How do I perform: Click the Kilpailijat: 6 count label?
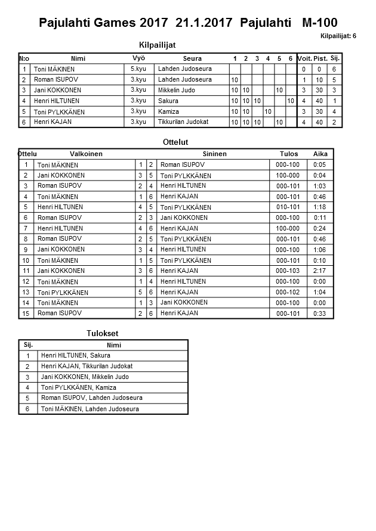pyautogui.click(x=338, y=36)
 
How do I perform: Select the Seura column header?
pyautogui.click(x=192, y=58)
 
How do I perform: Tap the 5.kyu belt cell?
pyautogui.click(x=138, y=69)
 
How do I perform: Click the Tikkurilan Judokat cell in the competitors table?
pyautogui.click(x=183, y=122)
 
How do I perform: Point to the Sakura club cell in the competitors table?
pyautogui.click(x=168, y=101)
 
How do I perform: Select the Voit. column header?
pyautogui.click(x=304, y=58)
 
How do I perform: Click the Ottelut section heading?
pyautogui.click(x=175, y=142)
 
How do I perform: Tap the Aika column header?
pyautogui.click(x=320, y=154)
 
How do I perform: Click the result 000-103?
pyautogui.click(x=288, y=271)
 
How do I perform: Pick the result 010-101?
pyautogui.click(x=288, y=207)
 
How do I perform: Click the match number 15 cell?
pyautogui.click(x=26, y=313)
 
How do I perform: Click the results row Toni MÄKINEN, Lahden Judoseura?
pyautogui.click(x=90, y=409)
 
